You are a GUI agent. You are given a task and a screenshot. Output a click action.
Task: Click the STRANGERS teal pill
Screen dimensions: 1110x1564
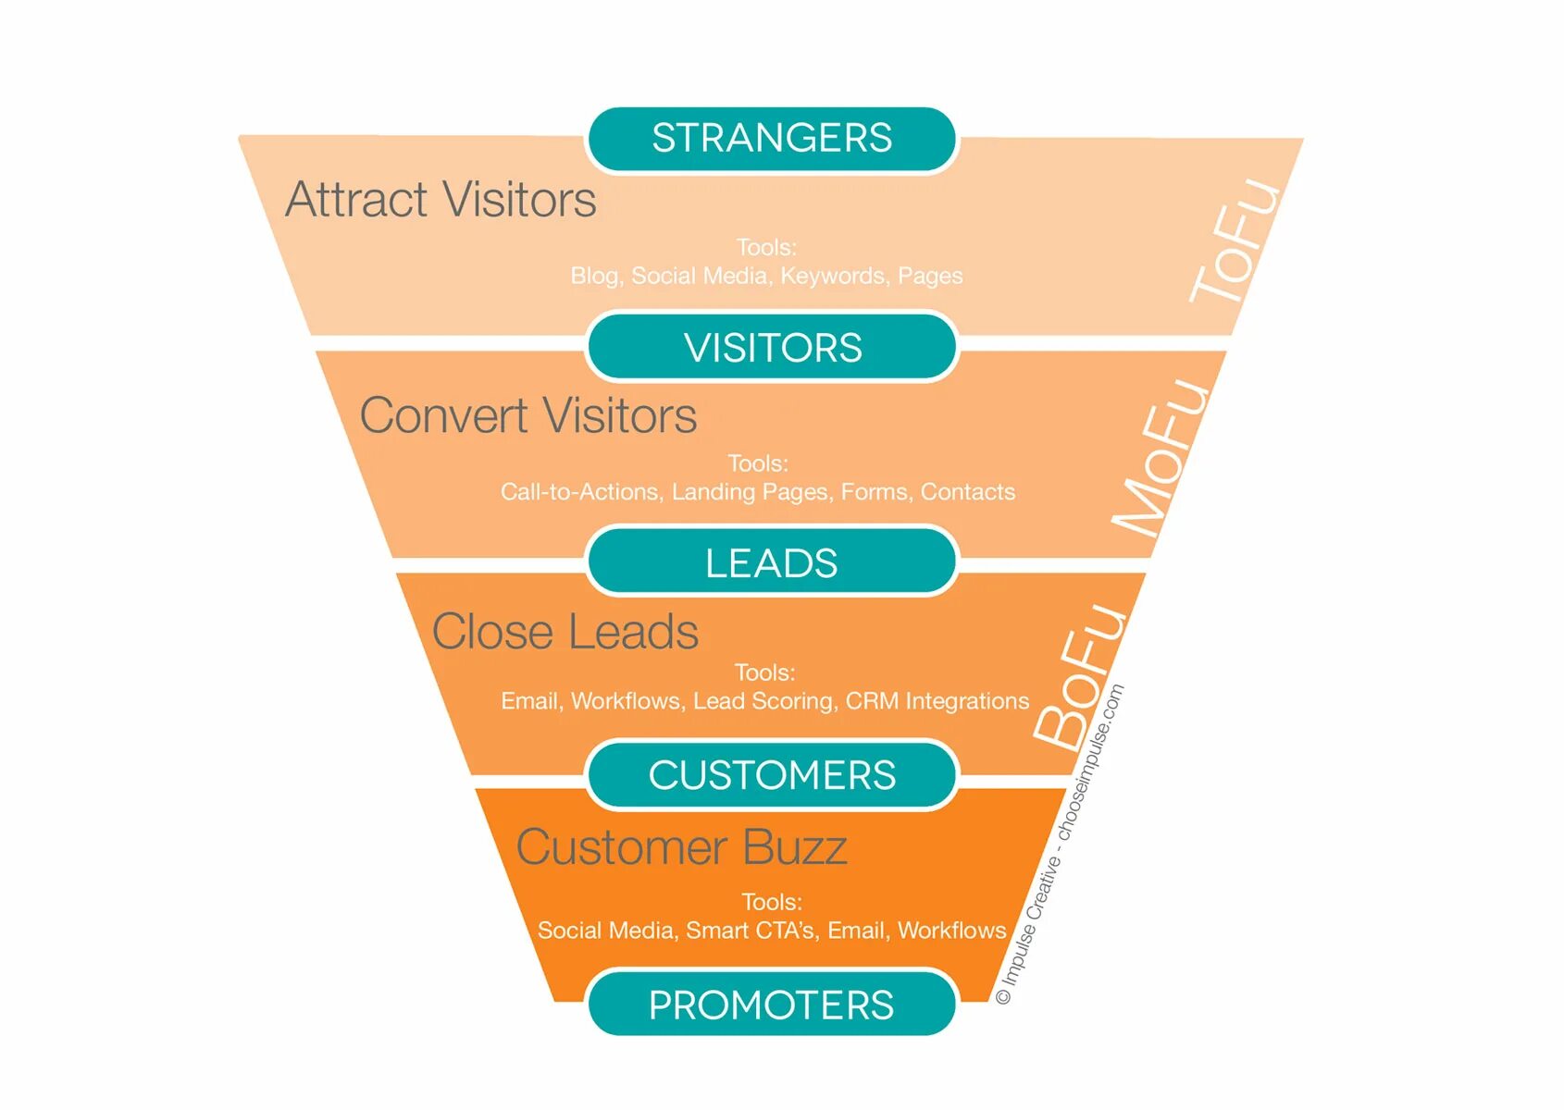pos(772,139)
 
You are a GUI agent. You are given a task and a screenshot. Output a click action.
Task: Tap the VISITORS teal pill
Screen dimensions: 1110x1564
pos(772,348)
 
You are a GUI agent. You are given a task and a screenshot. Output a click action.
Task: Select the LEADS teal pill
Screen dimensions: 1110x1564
pos(772,562)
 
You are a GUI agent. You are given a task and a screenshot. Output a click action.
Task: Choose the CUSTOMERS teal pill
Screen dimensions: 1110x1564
pos(772,775)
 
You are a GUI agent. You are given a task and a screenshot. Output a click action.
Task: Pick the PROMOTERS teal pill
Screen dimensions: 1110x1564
pos(772,1005)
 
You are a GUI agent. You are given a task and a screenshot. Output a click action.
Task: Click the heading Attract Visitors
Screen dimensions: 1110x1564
pos(441,200)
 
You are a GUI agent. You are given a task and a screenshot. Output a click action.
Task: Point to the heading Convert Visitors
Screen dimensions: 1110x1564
pos(528,415)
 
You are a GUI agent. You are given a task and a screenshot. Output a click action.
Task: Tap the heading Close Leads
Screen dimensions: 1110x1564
pos(565,633)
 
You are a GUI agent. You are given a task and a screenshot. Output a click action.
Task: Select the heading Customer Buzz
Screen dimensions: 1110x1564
pos(681,847)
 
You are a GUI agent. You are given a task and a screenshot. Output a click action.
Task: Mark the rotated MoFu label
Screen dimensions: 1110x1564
pos(1161,457)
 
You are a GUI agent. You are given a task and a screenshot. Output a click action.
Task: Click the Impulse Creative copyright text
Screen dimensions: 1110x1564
pos(1061,844)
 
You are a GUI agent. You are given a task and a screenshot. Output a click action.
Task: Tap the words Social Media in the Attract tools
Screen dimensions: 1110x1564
pos(700,276)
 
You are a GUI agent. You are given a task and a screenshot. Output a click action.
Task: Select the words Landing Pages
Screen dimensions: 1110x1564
pos(750,492)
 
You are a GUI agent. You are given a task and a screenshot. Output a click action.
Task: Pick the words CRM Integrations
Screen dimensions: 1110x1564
pos(937,701)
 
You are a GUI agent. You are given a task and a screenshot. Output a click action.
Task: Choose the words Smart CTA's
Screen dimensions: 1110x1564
pos(751,931)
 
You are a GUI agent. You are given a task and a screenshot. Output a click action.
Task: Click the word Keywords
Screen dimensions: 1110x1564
pos(833,276)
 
